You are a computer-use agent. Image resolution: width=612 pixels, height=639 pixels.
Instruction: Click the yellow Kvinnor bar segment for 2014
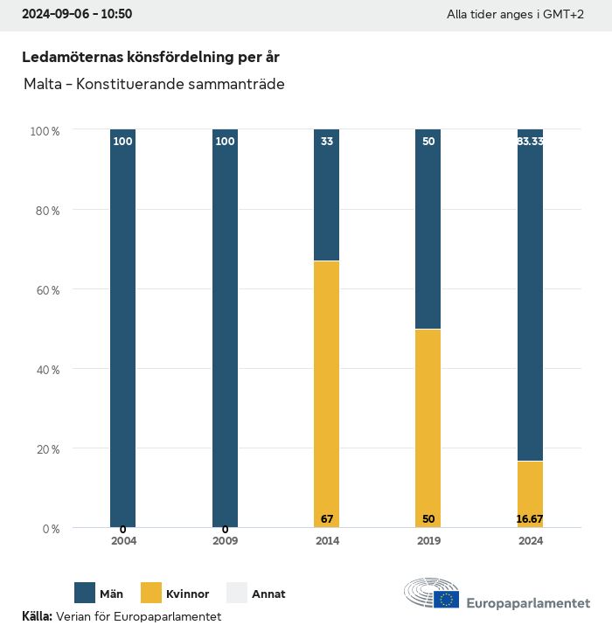click(x=327, y=393)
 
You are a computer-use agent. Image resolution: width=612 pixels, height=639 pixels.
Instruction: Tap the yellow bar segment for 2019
click(x=428, y=428)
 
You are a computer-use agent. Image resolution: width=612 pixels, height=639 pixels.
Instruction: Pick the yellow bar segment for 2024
click(x=530, y=494)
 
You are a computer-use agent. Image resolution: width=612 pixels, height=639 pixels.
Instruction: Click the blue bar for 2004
click(x=123, y=328)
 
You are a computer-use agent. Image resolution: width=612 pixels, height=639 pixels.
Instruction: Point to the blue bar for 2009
click(x=225, y=328)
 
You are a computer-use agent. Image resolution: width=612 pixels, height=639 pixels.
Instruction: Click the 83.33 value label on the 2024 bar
click(x=530, y=141)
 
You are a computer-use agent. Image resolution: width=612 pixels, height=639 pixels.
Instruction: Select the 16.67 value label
click(x=530, y=519)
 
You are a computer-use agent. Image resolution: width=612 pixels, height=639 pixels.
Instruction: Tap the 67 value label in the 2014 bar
click(x=327, y=519)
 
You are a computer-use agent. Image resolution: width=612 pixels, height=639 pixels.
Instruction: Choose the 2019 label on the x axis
click(x=428, y=541)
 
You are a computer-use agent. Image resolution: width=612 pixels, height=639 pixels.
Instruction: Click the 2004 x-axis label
click(x=123, y=541)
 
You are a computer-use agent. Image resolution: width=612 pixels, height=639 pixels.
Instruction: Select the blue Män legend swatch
click(x=85, y=594)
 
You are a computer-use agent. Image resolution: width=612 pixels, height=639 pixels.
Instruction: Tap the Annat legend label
click(x=268, y=594)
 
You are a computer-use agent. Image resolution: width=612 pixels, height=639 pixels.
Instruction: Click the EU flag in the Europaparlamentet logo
click(x=447, y=599)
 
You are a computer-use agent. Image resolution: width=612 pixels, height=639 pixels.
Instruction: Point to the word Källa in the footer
click(x=37, y=616)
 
